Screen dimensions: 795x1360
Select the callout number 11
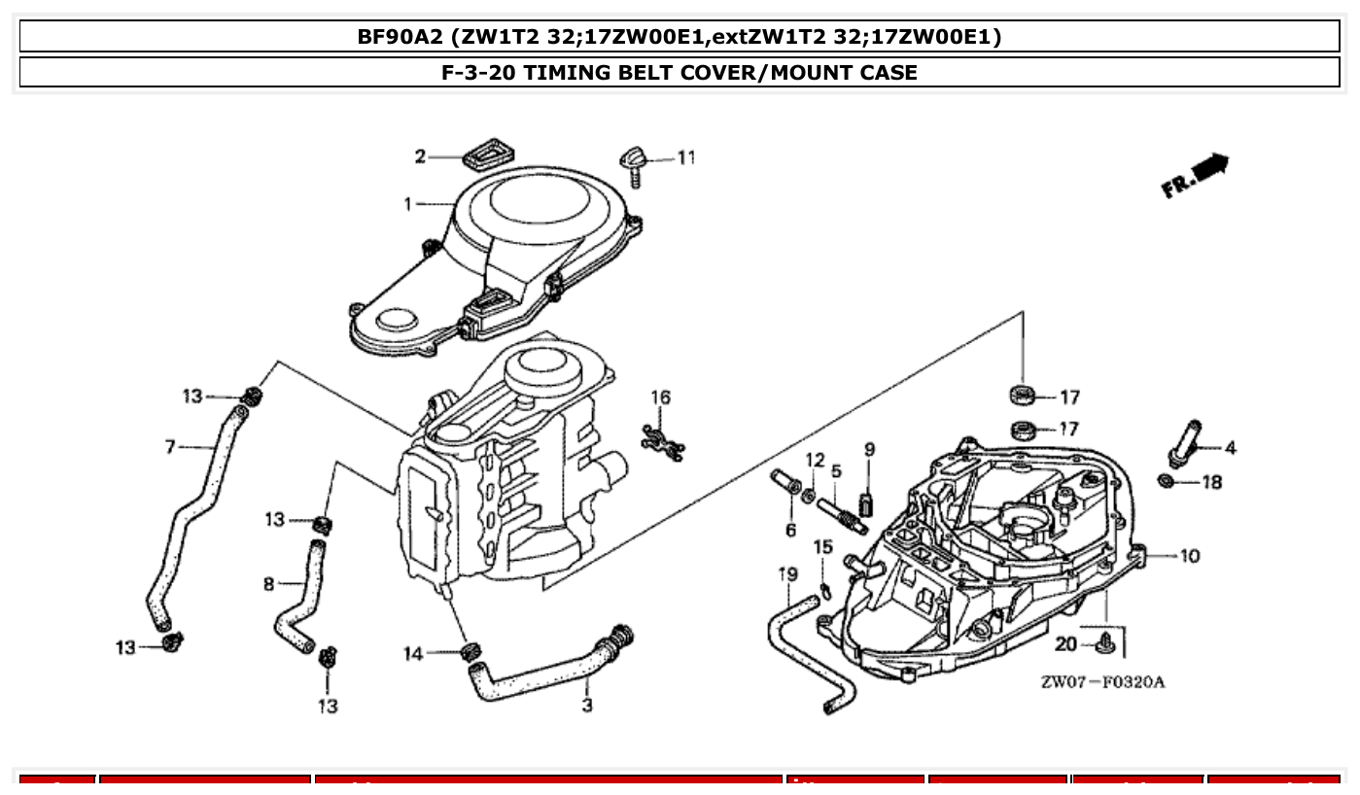click(686, 157)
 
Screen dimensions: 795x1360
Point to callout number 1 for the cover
click(409, 204)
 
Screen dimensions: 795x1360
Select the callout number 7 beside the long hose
click(170, 447)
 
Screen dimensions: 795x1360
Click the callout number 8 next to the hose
click(269, 584)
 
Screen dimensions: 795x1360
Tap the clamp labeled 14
click(471, 649)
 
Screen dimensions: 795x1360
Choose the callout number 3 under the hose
click(587, 706)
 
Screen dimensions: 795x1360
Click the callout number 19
click(786, 574)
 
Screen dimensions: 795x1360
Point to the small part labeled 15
click(825, 589)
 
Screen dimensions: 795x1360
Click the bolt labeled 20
click(1103, 641)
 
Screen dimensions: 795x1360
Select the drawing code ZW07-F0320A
click(1101, 681)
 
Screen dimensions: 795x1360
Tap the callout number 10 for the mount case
click(1190, 556)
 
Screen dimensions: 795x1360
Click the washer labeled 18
click(1166, 482)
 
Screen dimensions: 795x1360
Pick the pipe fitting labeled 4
click(1186, 442)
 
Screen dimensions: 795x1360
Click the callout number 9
click(869, 449)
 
